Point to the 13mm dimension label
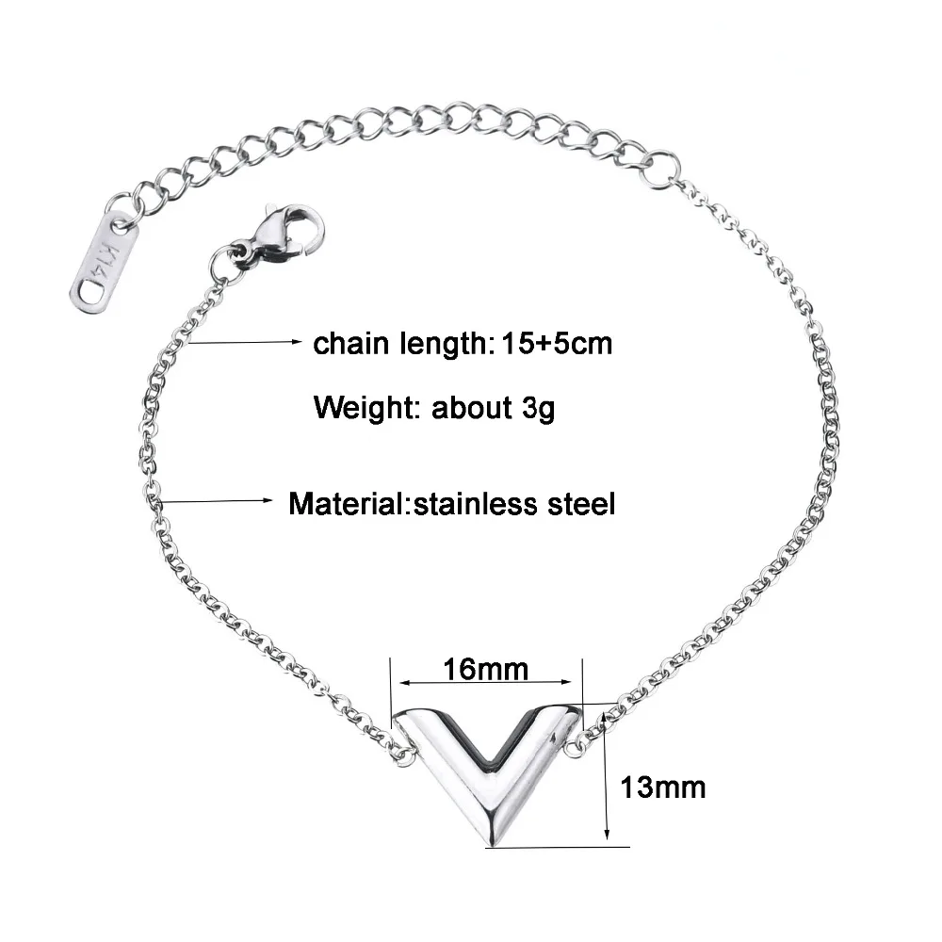(x=663, y=787)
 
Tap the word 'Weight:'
(x=368, y=409)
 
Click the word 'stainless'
(x=477, y=503)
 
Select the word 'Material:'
(x=346, y=503)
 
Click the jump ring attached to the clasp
(x=226, y=260)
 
